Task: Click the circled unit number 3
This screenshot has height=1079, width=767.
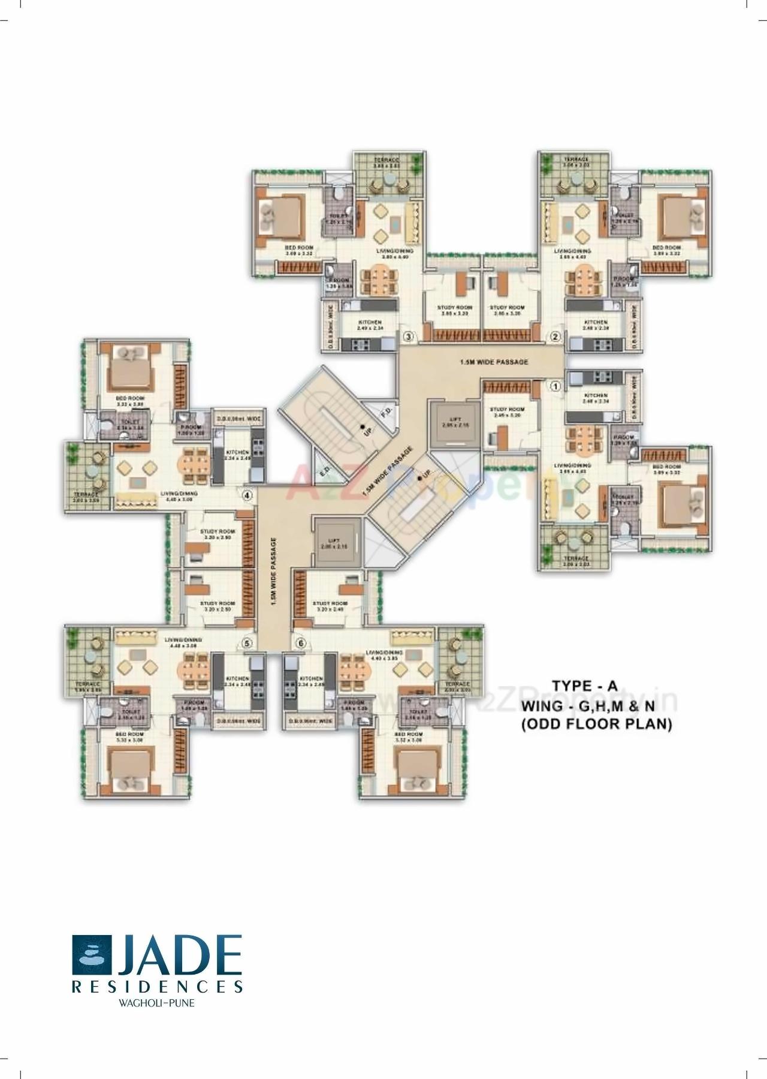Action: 408,336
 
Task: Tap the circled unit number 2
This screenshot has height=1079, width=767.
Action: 555,336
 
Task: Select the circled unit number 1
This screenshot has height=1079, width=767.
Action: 555,387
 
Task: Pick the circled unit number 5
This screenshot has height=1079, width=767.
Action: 247,643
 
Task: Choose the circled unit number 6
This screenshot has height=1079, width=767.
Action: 301,643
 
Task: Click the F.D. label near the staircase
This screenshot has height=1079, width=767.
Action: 386,413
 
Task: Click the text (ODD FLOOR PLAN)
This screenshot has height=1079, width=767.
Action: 596,725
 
